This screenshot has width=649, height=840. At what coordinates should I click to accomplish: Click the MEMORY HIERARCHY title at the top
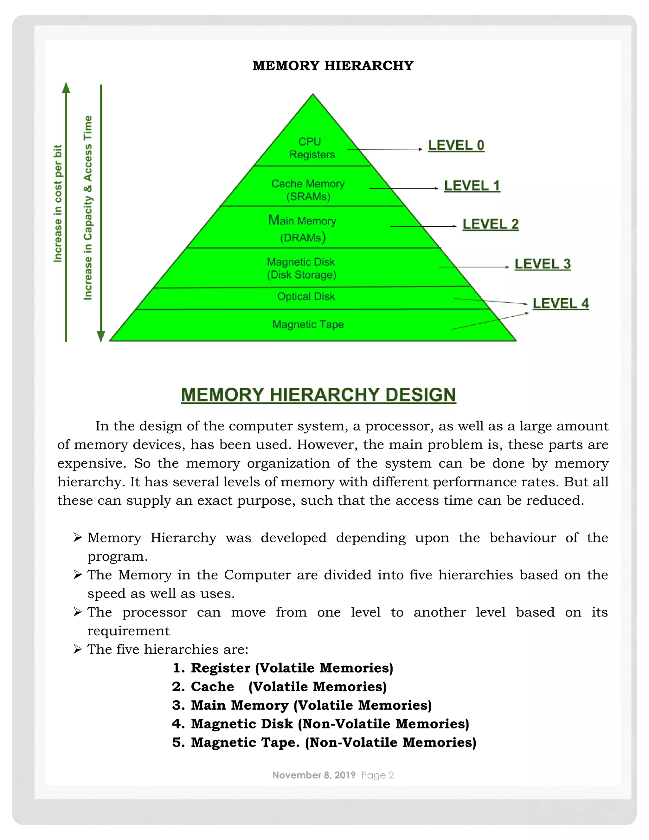[333, 66]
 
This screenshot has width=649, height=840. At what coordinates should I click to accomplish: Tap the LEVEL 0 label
[456, 145]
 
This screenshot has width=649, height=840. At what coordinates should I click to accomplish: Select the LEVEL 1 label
[472, 186]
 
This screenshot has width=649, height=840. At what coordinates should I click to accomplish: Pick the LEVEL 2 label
[490, 224]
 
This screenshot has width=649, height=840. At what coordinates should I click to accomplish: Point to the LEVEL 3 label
[543, 264]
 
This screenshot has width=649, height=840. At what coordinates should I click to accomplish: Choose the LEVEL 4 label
[561, 303]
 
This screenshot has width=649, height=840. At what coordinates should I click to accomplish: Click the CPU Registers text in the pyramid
[312, 148]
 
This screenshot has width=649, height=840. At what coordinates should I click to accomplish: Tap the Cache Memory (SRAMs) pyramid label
[308, 190]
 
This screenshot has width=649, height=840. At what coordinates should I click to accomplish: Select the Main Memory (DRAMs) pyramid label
[303, 229]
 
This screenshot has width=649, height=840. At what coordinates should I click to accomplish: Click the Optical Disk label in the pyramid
[306, 297]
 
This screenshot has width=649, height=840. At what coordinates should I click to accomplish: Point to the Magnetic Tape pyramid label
[308, 325]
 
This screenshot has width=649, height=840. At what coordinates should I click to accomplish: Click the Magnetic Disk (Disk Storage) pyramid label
[301, 268]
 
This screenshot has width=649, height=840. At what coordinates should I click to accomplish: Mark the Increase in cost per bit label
[58, 204]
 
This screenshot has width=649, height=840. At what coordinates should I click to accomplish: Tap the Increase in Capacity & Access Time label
[88, 208]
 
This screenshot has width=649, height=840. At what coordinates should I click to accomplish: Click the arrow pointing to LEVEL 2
[423, 226]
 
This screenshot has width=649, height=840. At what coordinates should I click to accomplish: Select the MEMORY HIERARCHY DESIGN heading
[318, 395]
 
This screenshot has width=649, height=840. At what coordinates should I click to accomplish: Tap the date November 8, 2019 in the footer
[314, 775]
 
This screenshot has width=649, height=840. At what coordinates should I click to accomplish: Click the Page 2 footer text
[377, 775]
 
